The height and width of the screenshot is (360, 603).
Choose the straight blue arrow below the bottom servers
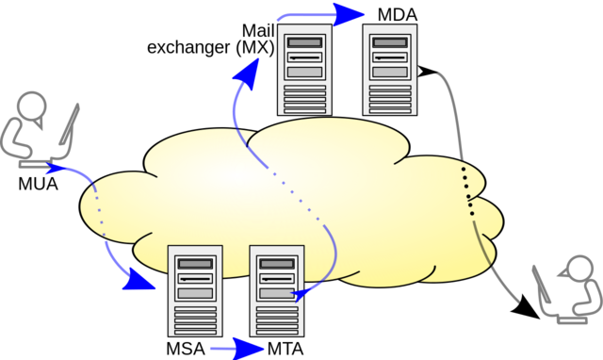[238, 348]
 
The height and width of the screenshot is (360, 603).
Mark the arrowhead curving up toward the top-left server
[251, 74]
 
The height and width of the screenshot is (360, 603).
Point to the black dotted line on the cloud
[468, 193]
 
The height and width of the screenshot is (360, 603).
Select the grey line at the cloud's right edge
[483, 246]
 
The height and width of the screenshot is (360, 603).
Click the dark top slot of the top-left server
[302, 42]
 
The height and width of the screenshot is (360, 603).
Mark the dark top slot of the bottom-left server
[194, 263]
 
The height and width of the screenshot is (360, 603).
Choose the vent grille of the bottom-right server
[277, 319]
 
